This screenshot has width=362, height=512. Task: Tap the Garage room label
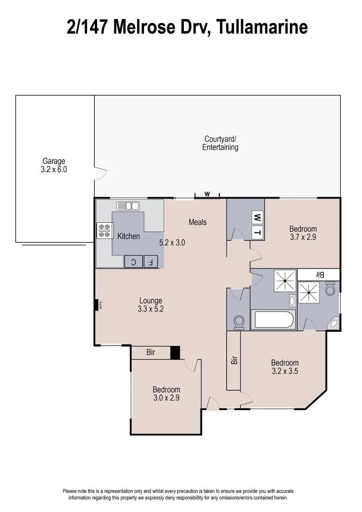(x=54, y=161)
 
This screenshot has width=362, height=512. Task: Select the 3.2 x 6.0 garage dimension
(x=54, y=169)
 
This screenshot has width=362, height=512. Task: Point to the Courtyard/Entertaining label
(x=220, y=143)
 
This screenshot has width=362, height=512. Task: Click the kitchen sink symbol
(x=127, y=206)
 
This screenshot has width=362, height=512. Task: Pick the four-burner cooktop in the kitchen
(x=104, y=230)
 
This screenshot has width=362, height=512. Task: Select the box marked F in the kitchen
(x=151, y=261)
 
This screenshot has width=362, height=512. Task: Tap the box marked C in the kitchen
(x=133, y=261)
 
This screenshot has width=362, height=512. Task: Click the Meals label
(x=198, y=222)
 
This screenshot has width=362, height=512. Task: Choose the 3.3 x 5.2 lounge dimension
(x=151, y=309)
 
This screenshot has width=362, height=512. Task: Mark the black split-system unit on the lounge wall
(x=96, y=305)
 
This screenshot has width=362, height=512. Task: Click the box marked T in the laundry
(x=257, y=232)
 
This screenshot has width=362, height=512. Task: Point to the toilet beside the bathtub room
(x=239, y=322)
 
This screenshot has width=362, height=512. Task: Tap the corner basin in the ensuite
(x=334, y=323)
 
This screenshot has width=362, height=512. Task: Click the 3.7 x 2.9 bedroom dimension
(x=303, y=237)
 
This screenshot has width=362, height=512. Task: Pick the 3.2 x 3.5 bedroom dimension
(x=285, y=371)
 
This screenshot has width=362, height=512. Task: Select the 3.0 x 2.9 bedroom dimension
(x=166, y=398)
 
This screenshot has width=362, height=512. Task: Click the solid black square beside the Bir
(x=175, y=353)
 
